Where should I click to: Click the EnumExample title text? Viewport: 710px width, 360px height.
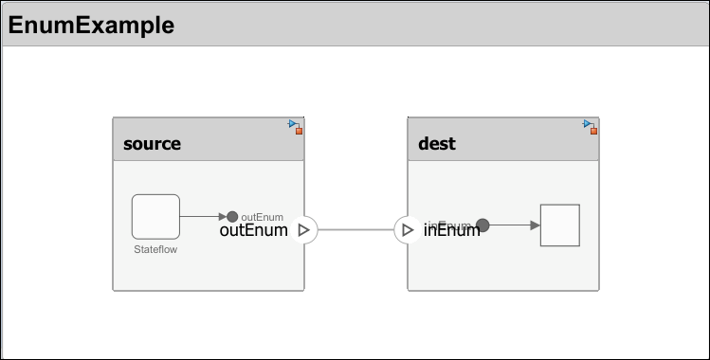pos(91,26)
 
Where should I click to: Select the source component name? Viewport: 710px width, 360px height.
pos(152,144)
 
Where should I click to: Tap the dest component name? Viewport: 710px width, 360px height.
pos(437,144)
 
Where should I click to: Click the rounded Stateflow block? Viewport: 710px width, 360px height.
pos(155,217)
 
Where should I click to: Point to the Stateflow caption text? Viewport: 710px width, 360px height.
pos(155,250)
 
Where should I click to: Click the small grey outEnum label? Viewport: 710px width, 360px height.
pos(263,217)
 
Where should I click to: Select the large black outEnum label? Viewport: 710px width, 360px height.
pos(253,229)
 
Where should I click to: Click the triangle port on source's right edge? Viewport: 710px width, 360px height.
pos(304,229)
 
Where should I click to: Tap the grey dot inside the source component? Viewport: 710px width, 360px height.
pos(232,217)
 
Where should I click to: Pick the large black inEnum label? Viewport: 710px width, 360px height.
pos(451,229)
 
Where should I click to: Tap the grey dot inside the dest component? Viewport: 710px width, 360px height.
pos(482,225)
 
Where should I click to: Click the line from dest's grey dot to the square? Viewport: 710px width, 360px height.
pos(510,225)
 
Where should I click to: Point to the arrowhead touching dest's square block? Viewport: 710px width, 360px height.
pos(535,225)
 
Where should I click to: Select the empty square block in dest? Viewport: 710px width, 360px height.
pos(559,225)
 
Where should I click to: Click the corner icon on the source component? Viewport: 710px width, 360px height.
pos(296,127)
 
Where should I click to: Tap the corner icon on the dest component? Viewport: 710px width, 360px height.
pos(591,127)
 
